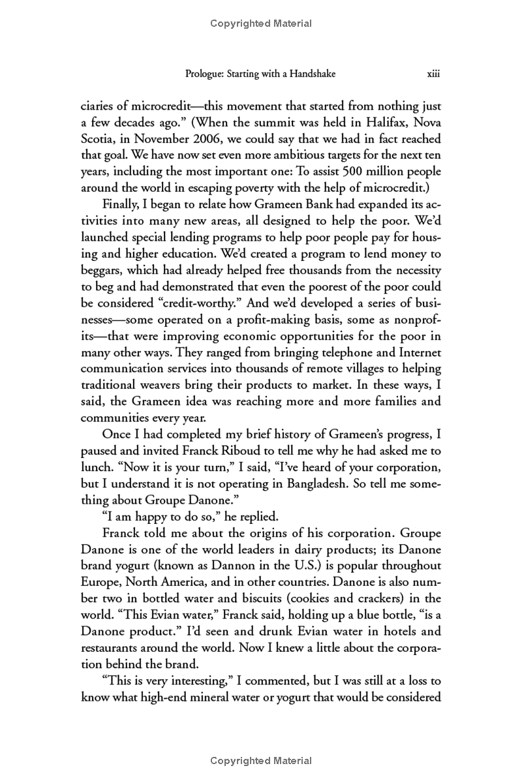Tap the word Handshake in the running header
(x=311, y=74)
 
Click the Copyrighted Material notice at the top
(x=261, y=23)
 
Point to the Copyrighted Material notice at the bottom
(x=261, y=761)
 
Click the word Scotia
(x=98, y=139)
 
